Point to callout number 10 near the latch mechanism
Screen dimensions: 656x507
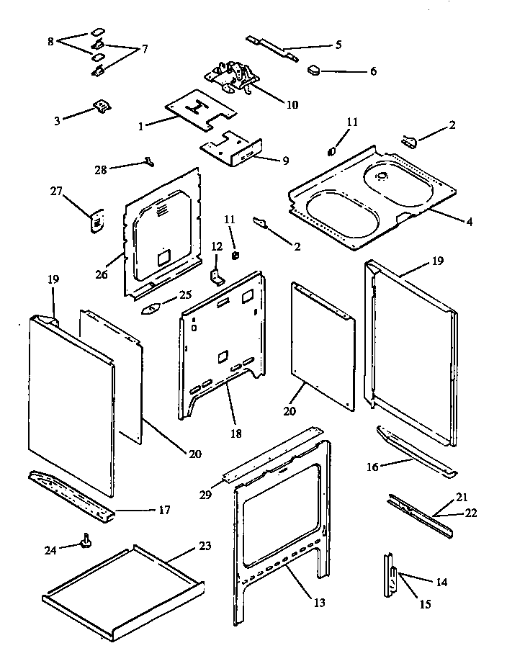291,104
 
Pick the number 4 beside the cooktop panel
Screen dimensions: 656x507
469,222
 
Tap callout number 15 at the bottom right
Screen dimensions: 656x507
425,604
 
